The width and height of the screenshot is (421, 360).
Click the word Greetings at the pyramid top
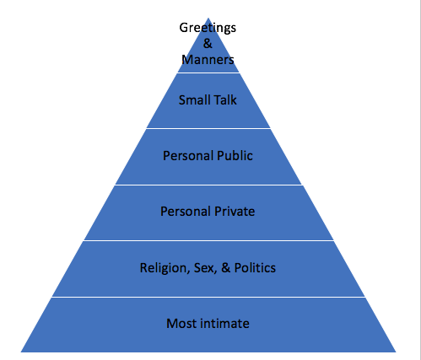tap(208, 29)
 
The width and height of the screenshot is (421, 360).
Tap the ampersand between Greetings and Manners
tap(208, 44)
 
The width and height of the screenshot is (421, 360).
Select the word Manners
tap(208, 60)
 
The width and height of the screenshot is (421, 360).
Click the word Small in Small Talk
tap(193, 100)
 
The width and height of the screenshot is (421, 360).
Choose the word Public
tap(235, 156)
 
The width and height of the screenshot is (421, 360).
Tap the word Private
tap(235, 212)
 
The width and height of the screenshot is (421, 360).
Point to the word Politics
tap(255, 267)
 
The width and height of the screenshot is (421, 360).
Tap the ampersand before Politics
tap(225, 267)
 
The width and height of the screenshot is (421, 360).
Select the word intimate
tap(225, 323)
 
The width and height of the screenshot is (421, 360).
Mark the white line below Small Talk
tap(208, 128)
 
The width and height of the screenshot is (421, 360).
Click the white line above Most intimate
tap(208, 297)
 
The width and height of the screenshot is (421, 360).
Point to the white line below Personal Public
tap(208, 185)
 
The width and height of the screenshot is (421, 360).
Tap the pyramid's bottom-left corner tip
tap(21, 352)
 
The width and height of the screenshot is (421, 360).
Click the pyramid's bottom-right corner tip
tap(396, 352)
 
